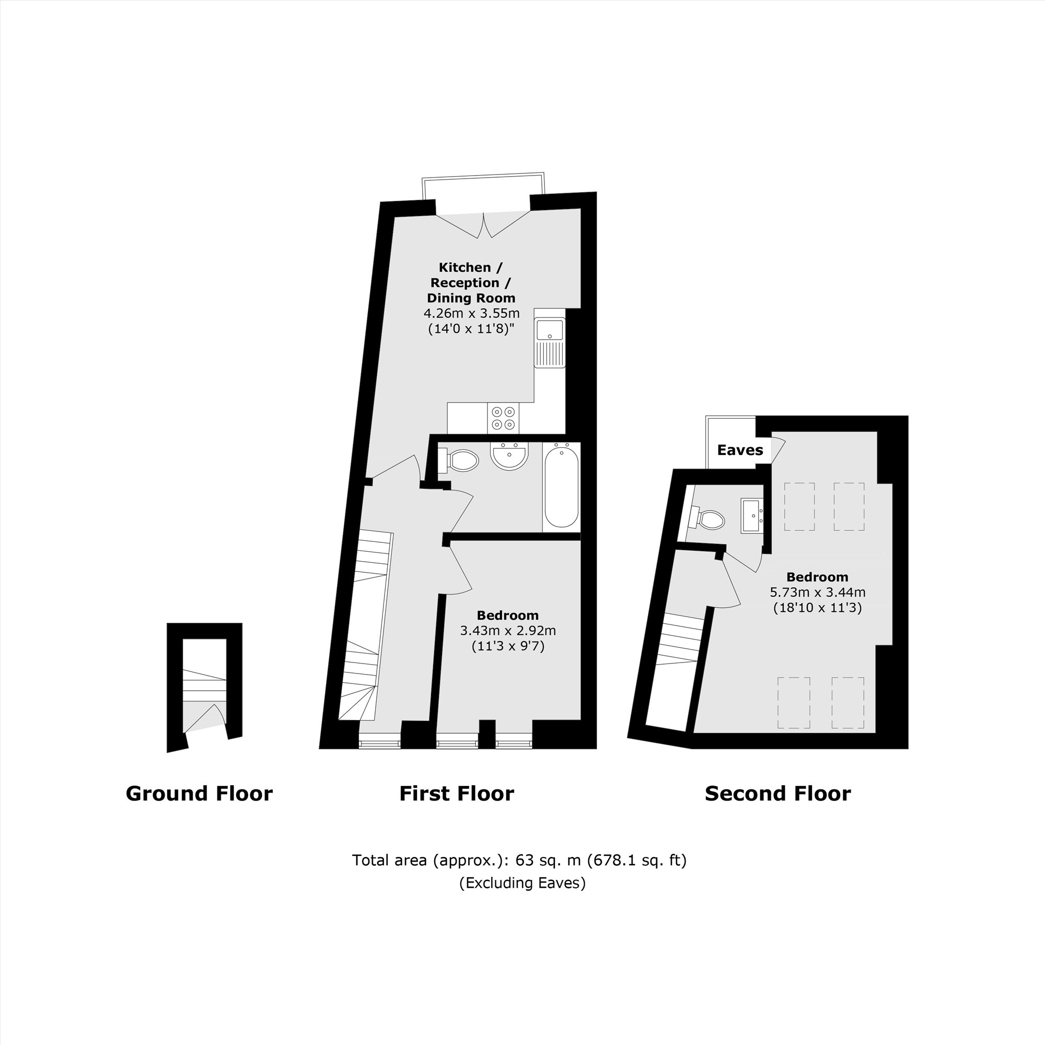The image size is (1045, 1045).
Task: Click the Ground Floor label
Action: coord(199,794)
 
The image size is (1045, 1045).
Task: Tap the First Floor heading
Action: coord(457,794)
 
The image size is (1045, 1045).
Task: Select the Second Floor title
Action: coord(778,794)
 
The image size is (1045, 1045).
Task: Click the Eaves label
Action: coord(739,450)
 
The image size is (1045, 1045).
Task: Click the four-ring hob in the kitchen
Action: coord(503,418)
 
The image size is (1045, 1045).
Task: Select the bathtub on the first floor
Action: coord(562,485)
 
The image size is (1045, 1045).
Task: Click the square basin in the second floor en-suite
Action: coord(752,516)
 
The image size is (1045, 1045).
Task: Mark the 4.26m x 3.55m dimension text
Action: coord(471,313)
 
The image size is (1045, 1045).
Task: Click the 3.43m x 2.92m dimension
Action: coord(507,630)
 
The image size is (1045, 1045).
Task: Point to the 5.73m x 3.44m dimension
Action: coord(817,592)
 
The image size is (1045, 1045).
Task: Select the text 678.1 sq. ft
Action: coord(637,860)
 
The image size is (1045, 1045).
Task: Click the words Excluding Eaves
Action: coord(522,883)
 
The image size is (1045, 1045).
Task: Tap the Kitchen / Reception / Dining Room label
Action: coord(471,282)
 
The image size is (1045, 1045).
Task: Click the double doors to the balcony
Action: coord(483,225)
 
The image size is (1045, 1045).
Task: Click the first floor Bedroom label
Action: coord(507,615)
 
